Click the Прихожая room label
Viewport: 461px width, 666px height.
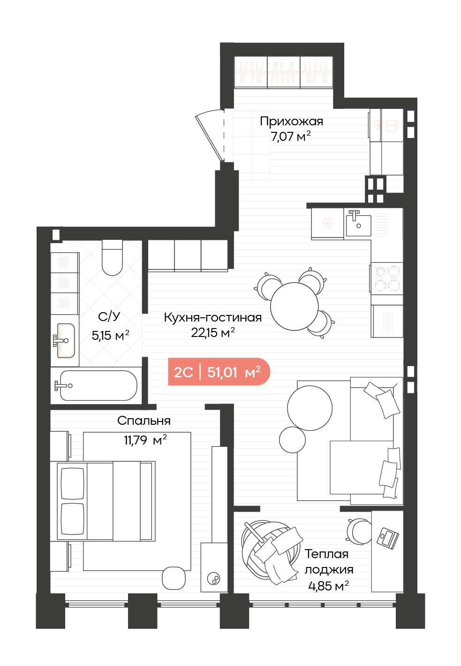point(291,121)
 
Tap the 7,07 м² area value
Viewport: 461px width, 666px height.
point(290,137)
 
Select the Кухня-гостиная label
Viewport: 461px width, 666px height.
point(212,318)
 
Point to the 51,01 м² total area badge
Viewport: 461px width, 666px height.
point(219,372)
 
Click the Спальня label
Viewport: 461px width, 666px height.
point(144,421)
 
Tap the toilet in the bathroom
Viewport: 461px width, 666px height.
point(112,258)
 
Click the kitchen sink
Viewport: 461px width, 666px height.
point(358,225)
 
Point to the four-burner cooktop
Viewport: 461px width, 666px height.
point(387,278)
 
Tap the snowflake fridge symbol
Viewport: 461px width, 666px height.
point(328,223)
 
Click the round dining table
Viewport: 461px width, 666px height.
point(295,306)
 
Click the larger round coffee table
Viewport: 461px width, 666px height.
point(310,408)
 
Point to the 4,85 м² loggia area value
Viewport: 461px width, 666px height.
point(329,586)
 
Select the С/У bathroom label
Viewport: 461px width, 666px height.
point(109,317)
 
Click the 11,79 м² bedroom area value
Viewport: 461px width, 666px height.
point(145,440)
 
